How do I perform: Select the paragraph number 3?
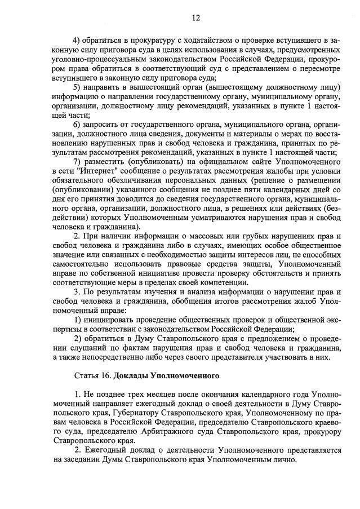(78, 292)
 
